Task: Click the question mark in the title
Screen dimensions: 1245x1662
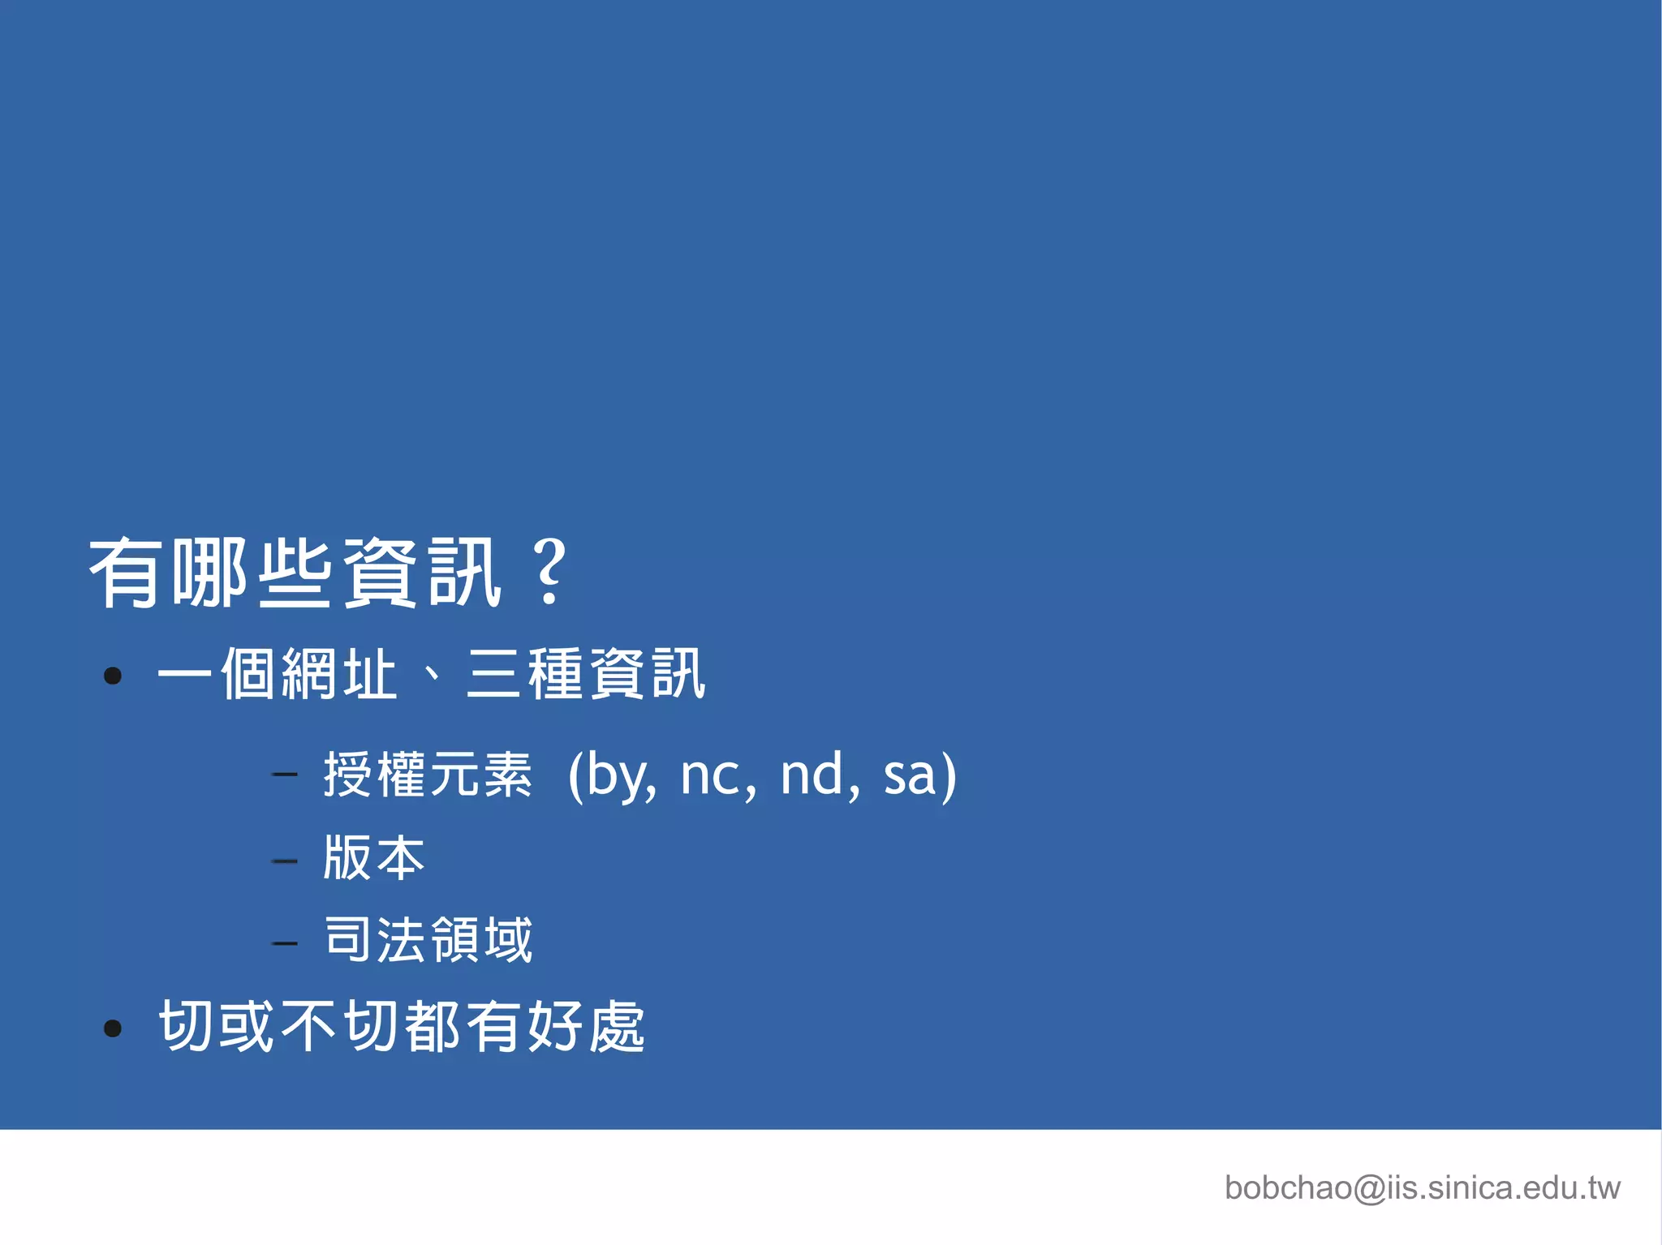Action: coord(550,573)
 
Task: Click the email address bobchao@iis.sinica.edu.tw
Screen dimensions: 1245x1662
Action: coord(1422,1187)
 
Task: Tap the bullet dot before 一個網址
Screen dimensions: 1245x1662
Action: coord(113,676)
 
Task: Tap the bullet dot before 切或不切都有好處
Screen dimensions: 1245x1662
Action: coord(113,1028)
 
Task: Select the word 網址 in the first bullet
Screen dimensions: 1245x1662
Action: coord(339,674)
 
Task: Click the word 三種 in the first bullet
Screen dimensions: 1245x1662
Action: coord(526,674)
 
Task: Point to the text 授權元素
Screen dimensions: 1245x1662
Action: coord(428,775)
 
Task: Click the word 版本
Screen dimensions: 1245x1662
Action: coord(374,858)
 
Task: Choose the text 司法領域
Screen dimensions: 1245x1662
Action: coord(428,940)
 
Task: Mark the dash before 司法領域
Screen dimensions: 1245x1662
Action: coord(285,942)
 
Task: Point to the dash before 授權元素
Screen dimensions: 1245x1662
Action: coord(285,775)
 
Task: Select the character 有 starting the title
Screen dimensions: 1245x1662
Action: coord(124,573)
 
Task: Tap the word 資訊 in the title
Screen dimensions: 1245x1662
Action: coord(422,573)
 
